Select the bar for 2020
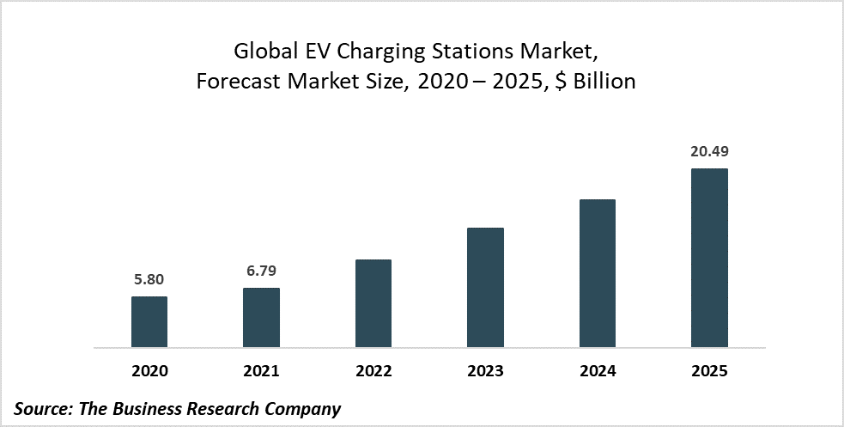pos(149,322)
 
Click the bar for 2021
pos(261,318)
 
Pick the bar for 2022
pos(373,303)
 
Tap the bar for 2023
pos(485,288)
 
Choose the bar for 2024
pos(598,273)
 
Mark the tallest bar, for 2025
pos(709,258)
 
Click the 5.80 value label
pos(149,279)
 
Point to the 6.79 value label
pos(261,271)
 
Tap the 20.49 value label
pos(709,151)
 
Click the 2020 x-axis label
pos(149,372)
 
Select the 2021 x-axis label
pos(261,372)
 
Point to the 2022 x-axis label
pos(373,372)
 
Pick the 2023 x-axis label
pos(485,372)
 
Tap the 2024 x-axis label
pos(598,372)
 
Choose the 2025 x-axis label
pos(709,372)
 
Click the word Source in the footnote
pos(43,409)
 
